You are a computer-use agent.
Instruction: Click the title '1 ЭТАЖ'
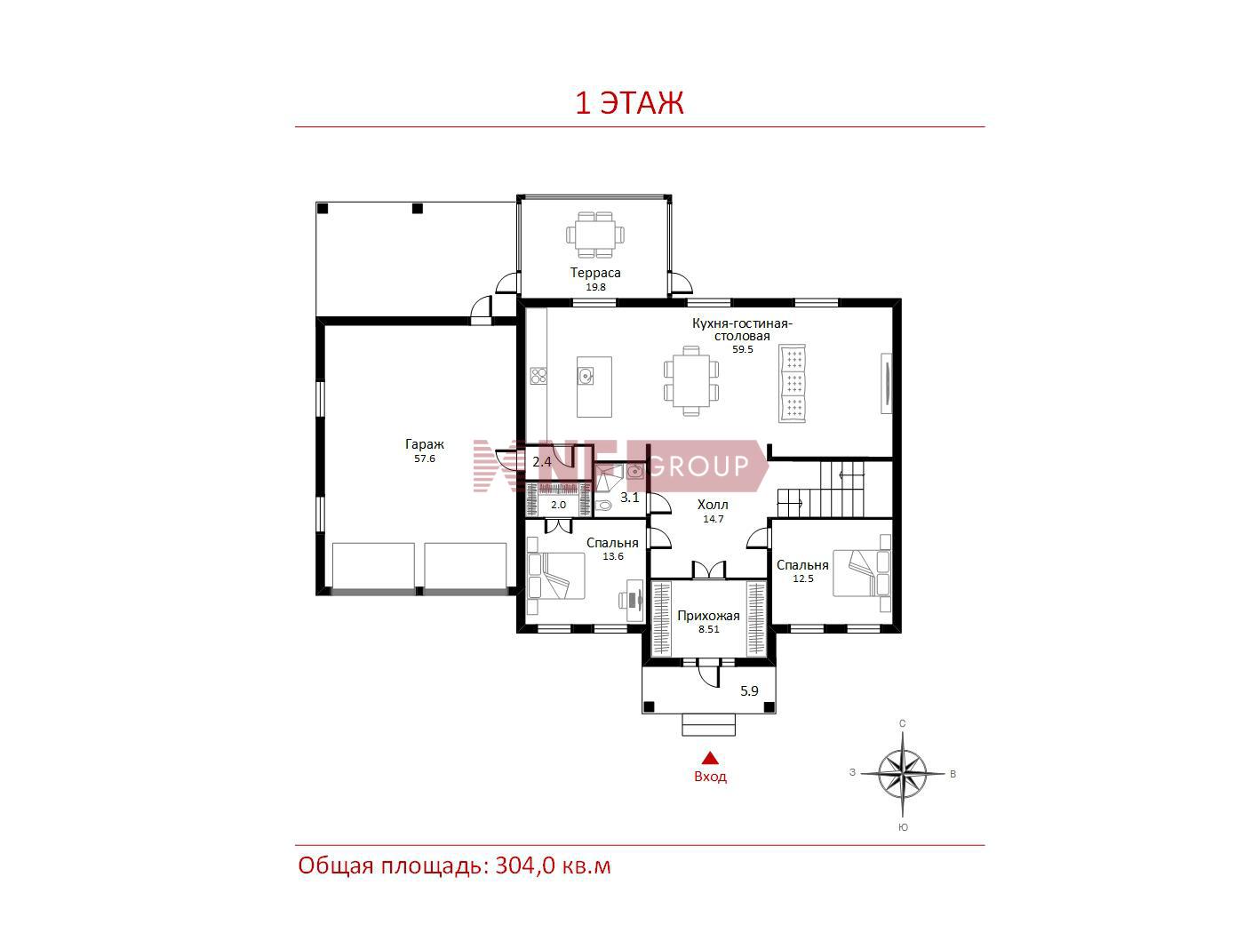pyautogui.click(x=629, y=103)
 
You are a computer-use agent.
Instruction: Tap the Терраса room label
pyautogui.click(x=595, y=273)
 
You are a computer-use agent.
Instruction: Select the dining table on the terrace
pyautogui.click(x=595, y=234)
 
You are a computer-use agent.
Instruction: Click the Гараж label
pyautogui.click(x=425, y=444)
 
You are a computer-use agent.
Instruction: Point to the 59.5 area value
pyautogui.click(x=743, y=349)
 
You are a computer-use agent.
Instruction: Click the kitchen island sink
pyautogui.click(x=586, y=376)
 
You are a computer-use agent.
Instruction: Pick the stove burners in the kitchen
pyautogui.click(x=538, y=376)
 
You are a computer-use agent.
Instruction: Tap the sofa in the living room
pyautogui.click(x=793, y=383)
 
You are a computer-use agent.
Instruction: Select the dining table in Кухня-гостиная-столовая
pyautogui.click(x=690, y=380)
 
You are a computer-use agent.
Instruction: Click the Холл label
pyautogui.click(x=713, y=505)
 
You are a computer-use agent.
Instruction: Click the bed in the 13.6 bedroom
pyautogui.click(x=556, y=576)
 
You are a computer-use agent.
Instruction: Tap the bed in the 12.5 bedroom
pyautogui.click(x=861, y=573)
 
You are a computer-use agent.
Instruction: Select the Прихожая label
pyautogui.click(x=708, y=616)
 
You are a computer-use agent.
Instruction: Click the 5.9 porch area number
pyautogui.click(x=749, y=691)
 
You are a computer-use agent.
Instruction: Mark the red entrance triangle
pyautogui.click(x=711, y=758)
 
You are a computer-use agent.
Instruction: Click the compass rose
pyautogui.click(x=902, y=773)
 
